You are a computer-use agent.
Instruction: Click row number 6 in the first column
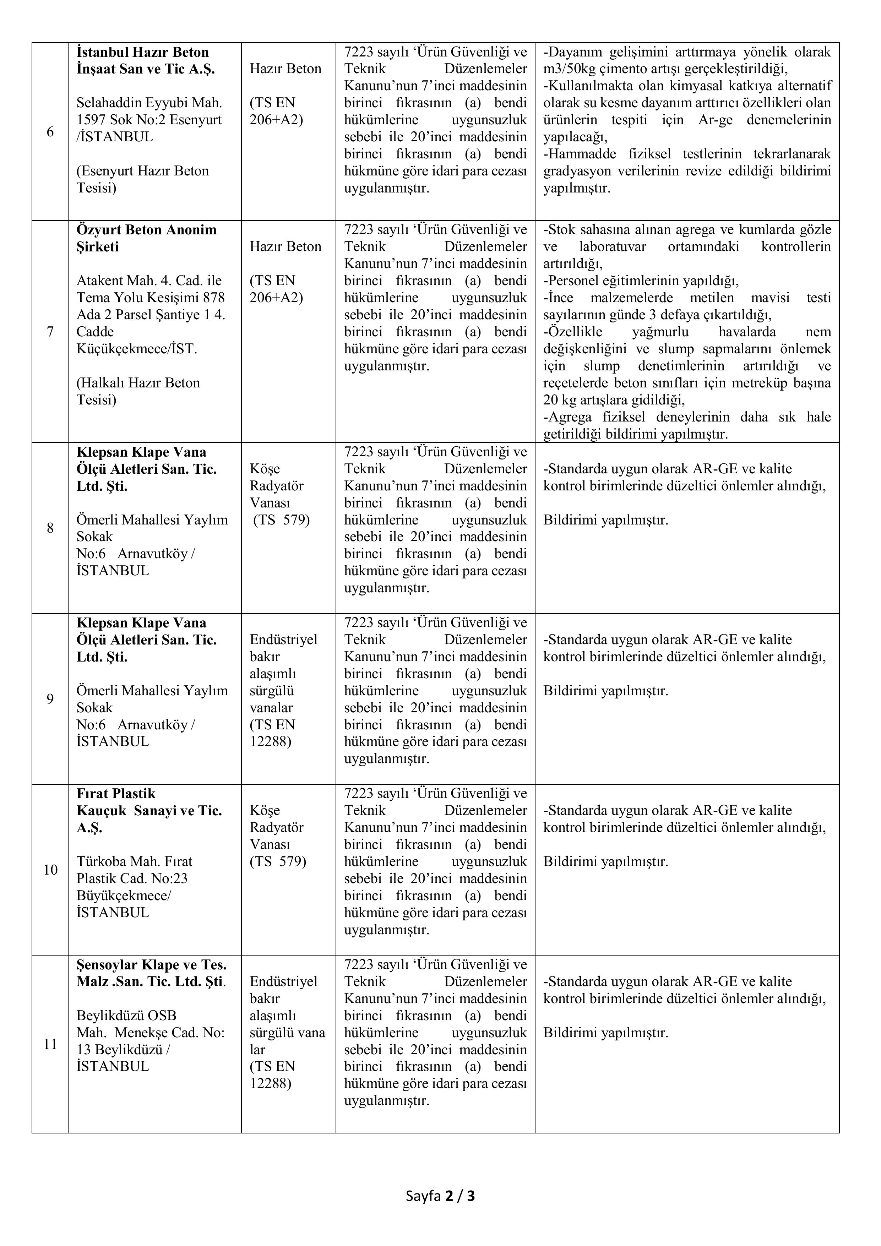pos(50,132)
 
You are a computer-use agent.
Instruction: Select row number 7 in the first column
pos(50,332)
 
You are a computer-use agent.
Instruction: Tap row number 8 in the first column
pos(50,528)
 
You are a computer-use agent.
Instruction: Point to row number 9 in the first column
pos(50,699)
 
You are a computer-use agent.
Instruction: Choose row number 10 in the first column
pos(50,870)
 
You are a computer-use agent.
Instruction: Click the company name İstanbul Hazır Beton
pos(143,53)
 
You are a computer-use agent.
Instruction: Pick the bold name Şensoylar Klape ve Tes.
pos(151,965)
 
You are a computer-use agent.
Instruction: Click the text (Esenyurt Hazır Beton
pos(143,171)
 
